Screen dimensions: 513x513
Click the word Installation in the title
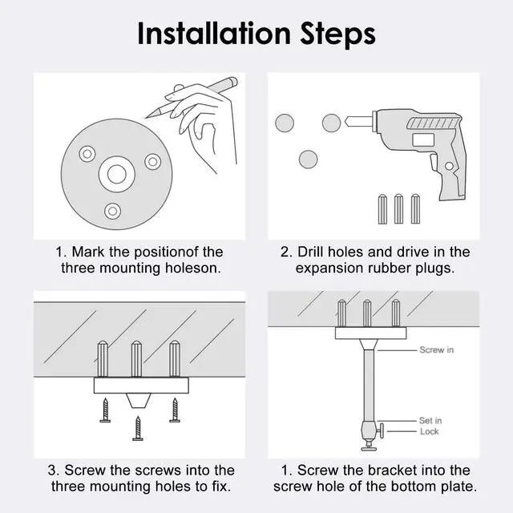[214, 34]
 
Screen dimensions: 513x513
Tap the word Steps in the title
[338, 34]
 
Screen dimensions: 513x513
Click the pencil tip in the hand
[147, 117]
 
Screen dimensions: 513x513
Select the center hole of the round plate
[117, 174]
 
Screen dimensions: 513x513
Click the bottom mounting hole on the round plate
[112, 211]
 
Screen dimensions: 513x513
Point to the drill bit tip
[346, 123]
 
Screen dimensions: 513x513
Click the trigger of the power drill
[434, 162]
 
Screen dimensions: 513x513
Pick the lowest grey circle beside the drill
[308, 160]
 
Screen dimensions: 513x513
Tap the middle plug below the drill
[398, 209]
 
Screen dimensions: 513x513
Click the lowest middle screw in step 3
[138, 429]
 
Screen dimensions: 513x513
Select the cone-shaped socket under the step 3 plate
[139, 401]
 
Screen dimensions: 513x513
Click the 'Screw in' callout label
[436, 349]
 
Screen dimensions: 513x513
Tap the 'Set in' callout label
[430, 420]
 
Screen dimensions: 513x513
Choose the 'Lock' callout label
[430, 431]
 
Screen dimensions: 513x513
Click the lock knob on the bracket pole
[382, 431]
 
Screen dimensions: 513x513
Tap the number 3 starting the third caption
[51, 471]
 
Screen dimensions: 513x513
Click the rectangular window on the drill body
[423, 139]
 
